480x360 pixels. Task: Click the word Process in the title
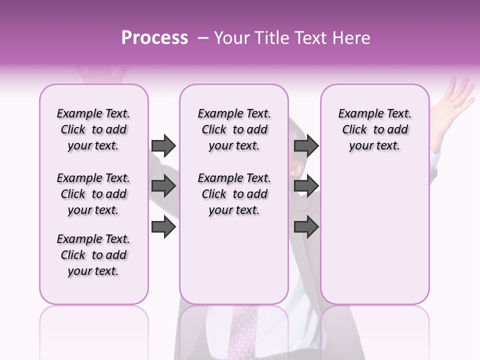(x=154, y=38)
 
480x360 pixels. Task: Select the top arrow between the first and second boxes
(x=163, y=145)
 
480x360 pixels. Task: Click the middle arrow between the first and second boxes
(x=163, y=186)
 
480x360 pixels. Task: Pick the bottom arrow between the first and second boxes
(x=163, y=227)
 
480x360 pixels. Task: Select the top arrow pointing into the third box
(x=306, y=145)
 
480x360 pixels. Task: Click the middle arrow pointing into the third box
(x=306, y=186)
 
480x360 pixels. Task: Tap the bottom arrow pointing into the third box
(x=306, y=227)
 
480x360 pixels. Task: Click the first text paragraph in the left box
(x=93, y=129)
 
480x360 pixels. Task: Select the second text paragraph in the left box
(x=93, y=194)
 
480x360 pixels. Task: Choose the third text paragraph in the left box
(x=93, y=255)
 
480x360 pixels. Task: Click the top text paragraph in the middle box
(x=234, y=129)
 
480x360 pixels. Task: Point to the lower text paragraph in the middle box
(x=234, y=194)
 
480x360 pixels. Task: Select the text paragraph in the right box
(x=374, y=129)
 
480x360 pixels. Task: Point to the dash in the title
(x=202, y=38)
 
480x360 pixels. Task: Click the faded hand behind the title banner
(x=100, y=75)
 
